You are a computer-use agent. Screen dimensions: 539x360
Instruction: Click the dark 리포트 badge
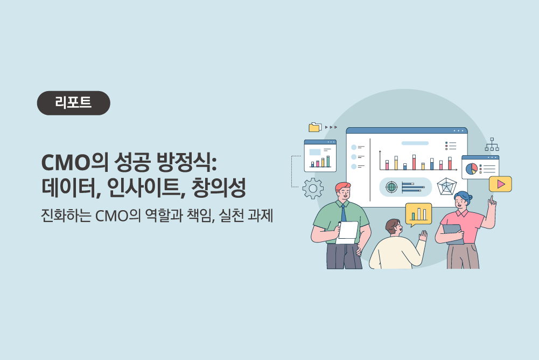pos(74,103)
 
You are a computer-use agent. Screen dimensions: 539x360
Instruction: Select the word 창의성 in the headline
pos(219,188)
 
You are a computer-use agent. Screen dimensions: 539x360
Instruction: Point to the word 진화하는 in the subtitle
pos(66,216)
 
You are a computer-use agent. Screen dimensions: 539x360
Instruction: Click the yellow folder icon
pos(315,127)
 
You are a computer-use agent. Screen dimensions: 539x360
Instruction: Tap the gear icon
pos(313,189)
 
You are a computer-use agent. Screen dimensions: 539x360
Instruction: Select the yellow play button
pos(501,184)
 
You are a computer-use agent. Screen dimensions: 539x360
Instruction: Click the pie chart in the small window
pos(472,169)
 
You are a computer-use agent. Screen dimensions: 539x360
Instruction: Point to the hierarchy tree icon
pos(492,144)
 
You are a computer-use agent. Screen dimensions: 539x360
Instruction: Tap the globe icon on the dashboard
pos(391,187)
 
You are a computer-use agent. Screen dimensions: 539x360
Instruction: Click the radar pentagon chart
pos(447,186)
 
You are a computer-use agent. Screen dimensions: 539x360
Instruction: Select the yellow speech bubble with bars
pos(418,214)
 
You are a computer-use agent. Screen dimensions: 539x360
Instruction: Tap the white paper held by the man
pos(347,233)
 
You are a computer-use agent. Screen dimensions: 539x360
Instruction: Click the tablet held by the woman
pos(453,234)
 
